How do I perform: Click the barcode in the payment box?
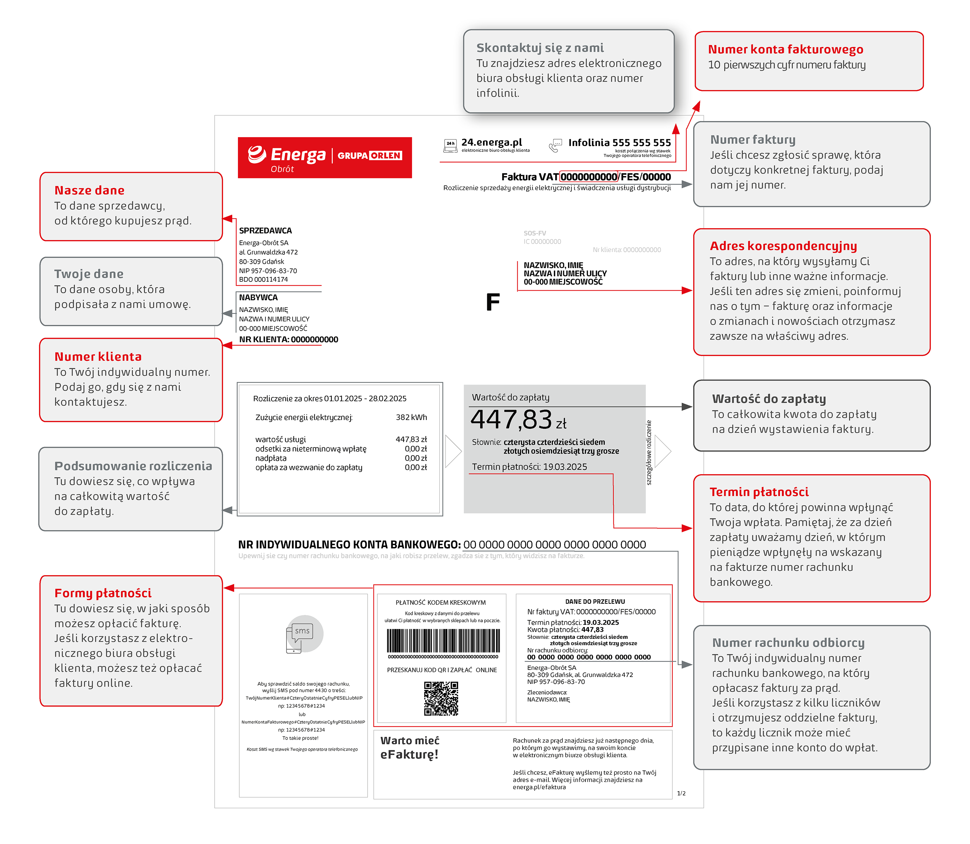pos(442,641)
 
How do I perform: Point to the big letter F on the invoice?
pos(492,302)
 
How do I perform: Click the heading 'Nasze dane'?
pos(90,190)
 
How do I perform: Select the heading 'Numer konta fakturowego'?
pos(785,50)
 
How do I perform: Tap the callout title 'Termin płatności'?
pos(759,492)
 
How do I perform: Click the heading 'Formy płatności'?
pos(102,593)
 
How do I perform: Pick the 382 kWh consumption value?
pos(411,417)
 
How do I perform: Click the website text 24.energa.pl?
pos(491,142)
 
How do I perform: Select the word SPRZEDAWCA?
pos(265,231)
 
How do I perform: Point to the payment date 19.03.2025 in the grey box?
pos(565,467)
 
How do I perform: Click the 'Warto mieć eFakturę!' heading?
pos(409,748)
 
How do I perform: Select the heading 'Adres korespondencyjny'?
pos(783,246)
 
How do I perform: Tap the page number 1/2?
pos(681,794)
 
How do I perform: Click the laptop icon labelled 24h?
pos(450,146)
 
